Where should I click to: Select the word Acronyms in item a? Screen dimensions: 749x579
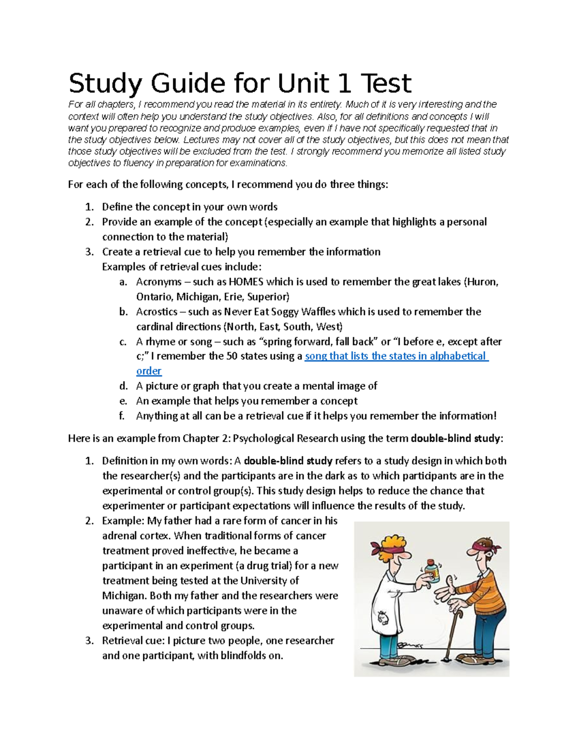(159, 282)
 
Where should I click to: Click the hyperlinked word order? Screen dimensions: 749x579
(149, 371)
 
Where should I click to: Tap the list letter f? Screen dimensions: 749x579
(123, 416)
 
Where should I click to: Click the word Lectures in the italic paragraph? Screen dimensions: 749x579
(202, 140)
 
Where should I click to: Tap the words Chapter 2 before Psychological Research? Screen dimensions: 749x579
(206, 439)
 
